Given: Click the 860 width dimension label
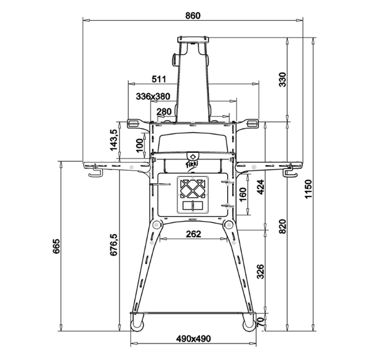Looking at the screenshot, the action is pos(193,16).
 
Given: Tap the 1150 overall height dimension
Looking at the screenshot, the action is pos(308,189).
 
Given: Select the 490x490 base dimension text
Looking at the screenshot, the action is pos(193,339).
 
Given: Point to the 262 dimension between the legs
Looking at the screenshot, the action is pos(194,234).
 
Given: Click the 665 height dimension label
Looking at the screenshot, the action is pos(56,246).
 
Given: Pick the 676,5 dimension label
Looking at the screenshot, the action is pos(113,245).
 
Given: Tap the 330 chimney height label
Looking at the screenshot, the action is pos(282,80).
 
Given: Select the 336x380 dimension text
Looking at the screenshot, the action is pos(153,97).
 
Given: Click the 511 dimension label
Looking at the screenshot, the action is pos(158,79).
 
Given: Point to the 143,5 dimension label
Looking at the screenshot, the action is pos(113,140).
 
